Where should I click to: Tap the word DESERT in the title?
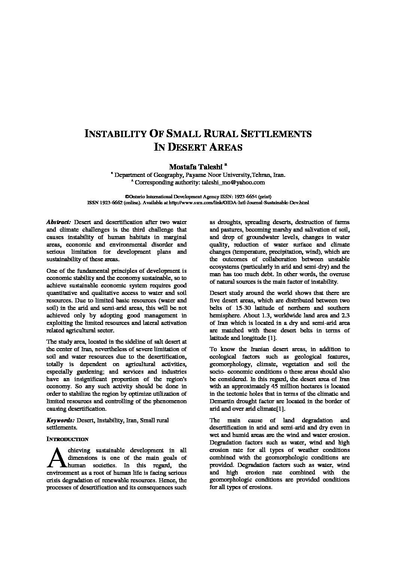click(185, 147)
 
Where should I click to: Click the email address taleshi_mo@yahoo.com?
click(233, 183)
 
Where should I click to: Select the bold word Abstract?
click(59, 222)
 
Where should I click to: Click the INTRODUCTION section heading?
click(67, 439)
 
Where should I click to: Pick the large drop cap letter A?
click(54, 458)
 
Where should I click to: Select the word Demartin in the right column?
click(222, 401)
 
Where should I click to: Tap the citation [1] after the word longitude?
click(272, 338)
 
